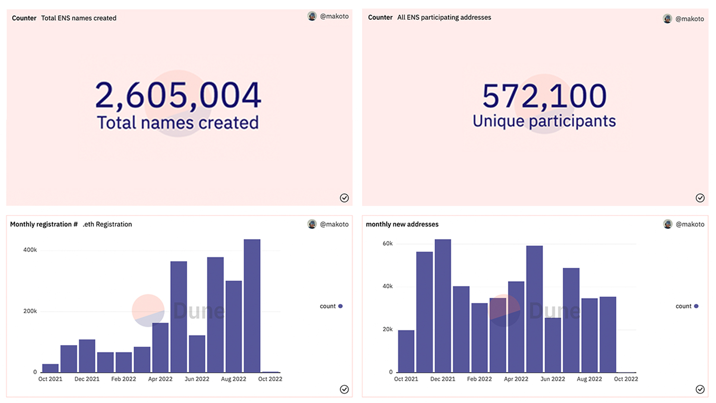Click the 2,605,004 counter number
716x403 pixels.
pyautogui.click(x=178, y=95)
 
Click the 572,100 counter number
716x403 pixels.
pyautogui.click(x=544, y=96)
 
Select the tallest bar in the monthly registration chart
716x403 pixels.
pyautogui.click(x=252, y=306)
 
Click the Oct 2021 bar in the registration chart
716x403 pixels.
pyautogui.click(x=50, y=368)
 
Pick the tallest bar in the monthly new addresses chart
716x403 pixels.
pyautogui.click(x=443, y=306)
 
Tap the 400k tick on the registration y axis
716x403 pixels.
pyautogui.click(x=30, y=250)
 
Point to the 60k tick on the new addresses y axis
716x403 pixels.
pyautogui.click(x=387, y=244)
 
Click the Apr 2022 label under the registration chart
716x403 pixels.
pyautogui.click(x=160, y=379)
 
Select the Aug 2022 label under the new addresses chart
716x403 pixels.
pyautogui.click(x=589, y=379)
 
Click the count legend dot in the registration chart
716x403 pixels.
pyautogui.click(x=340, y=306)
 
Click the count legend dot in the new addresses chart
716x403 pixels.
pyautogui.click(x=696, y=306)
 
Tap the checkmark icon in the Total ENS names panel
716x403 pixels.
pyautogui.click(x=344, y=198)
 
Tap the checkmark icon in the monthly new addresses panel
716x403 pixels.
pyautogui.click(x=700, y=389)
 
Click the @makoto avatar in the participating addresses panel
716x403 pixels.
pyautogui.click(x=668, y=19)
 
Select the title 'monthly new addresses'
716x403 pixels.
pyautogui.click(x=402, y=224)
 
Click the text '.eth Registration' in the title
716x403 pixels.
pyautogui.click(x=107, y=224)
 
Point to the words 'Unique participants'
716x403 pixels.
pyautogui.click(x=544, y=121)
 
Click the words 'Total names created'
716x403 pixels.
pyautogui.click(x=178, y=123)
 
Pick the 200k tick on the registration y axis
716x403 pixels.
pyautogui.click(x=30, y=311)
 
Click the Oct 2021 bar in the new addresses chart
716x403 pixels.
pyautogui.click(x=406, y=351)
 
